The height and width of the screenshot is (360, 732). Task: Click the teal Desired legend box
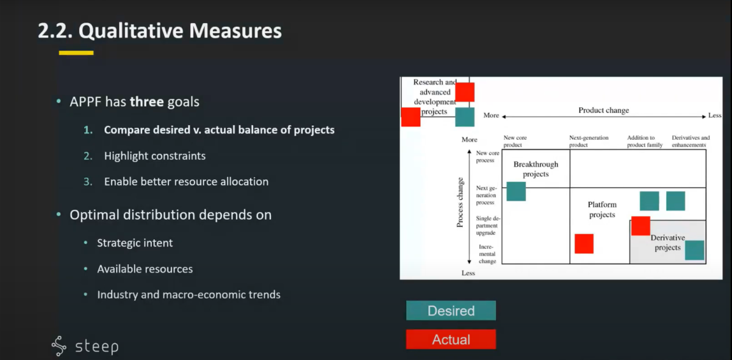451,311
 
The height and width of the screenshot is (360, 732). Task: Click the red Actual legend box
451,339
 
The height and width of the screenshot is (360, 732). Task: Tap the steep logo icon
59,345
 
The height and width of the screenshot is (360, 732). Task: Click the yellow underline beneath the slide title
76,52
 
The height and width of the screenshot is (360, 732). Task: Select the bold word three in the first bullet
147,102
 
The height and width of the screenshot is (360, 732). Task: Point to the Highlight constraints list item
155,156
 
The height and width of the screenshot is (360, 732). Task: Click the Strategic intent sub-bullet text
135,243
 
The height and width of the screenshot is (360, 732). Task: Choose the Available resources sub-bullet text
145,268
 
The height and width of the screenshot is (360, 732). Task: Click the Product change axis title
603,110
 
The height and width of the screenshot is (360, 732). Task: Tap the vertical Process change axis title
460,202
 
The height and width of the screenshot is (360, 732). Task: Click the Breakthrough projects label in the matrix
536,169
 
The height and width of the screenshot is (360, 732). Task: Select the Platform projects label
602,209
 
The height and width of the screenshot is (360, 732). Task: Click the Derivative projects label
667,242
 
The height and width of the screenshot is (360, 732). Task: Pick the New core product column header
515,141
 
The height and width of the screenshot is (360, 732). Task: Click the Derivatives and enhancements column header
691,141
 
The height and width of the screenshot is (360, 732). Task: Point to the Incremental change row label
487,254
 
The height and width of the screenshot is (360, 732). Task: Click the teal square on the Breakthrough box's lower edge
516,191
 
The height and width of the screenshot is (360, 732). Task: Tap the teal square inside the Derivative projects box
694,250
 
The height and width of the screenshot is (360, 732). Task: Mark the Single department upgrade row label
487,225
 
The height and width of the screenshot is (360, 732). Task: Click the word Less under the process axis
468,273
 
